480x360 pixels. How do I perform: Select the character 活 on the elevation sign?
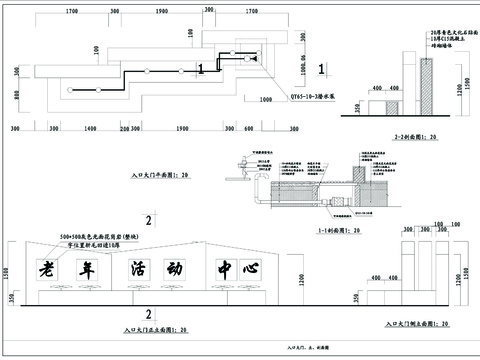coord(137,270)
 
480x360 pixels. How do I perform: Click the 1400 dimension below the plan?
coord(89,130)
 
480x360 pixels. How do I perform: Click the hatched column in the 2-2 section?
coord(426,88)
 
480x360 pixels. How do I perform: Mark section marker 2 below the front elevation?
coord(148,313)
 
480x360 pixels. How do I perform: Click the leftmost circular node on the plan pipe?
coord(67,89)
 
